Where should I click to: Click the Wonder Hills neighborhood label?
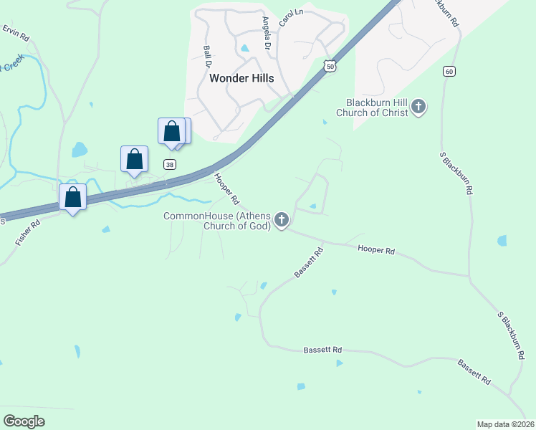click(x=241, y=79)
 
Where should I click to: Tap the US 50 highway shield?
click(x=329, y=65)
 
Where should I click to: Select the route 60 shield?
click(x=449, y=71)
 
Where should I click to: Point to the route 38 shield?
click(x=170, y=163)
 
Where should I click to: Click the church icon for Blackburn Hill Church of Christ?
click(x=419, y=107)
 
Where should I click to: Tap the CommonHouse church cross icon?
click(x=282, y=221)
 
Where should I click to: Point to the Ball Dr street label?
click(x=209, y=57)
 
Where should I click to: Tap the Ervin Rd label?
click(x=15, y=32)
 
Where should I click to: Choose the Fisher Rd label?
click(x=28, y=233)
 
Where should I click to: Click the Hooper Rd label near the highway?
click(x=225, y=188)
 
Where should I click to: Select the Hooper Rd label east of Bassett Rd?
click(x=376, y=251)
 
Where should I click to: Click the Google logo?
click(x=24, y=421)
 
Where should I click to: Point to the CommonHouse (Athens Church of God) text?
click(x=218, y=221)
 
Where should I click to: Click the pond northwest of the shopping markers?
click(x=80, y=150)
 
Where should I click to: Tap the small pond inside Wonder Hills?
click(x=246, y=49)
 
